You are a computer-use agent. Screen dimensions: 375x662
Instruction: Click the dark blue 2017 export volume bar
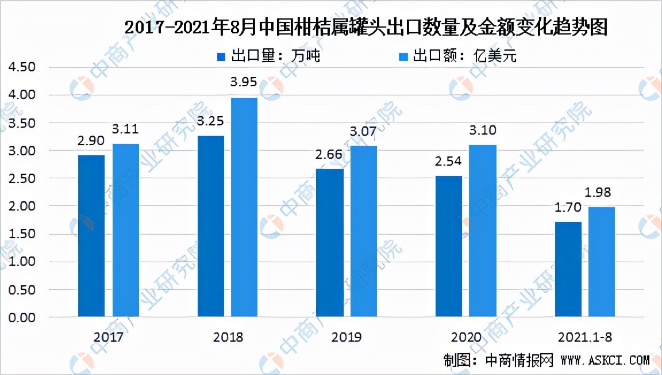91,236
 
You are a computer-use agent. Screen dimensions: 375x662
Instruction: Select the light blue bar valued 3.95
244,207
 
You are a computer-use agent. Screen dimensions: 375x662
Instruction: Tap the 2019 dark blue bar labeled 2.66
330,242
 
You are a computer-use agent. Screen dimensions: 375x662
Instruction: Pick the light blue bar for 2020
483,230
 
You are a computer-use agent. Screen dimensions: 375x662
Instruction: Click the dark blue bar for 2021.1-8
568,269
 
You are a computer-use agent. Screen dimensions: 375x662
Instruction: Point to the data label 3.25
210,123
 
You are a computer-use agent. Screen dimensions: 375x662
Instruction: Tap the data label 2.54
449,163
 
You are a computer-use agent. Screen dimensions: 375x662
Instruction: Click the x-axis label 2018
228,337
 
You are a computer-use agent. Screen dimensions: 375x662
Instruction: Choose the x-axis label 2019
347,337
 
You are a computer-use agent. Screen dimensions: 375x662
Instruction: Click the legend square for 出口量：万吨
221,56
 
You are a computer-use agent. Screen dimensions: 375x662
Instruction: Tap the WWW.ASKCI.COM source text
605,361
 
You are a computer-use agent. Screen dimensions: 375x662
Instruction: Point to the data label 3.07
363,132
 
